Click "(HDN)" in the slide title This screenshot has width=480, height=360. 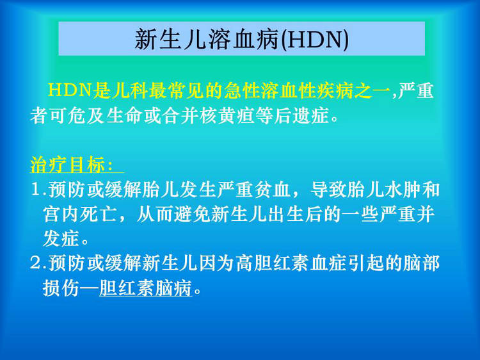click(314, 39)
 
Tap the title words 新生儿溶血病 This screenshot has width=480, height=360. click(207, 39)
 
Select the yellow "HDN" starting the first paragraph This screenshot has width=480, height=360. click(70, 90)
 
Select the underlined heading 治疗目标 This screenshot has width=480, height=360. click(68, 165)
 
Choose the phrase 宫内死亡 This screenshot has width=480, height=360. click(79, 214)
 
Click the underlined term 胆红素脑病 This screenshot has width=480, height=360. click(146, 288)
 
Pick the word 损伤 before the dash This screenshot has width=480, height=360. click(61, 288)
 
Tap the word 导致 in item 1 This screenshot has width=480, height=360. click(328, 190)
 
